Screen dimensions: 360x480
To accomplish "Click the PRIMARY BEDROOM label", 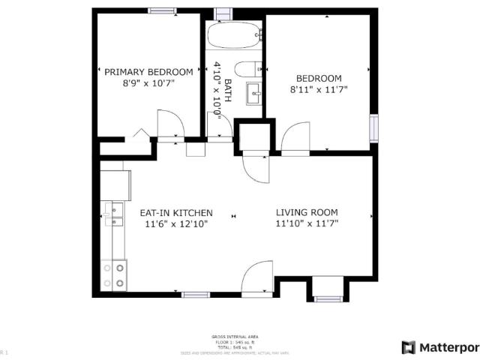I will click(x=143, y=72).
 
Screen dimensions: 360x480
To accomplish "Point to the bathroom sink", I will click(x=254, y=95).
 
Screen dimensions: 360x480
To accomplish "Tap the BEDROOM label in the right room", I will click(x=319, y=78).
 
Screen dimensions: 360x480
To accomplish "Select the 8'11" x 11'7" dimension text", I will click(x=319, y=88).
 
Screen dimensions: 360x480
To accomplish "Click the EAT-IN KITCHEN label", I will click(x=176, y=212).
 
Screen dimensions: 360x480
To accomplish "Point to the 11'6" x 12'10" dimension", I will click(x=176, y=223).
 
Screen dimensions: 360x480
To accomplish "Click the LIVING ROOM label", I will click(x=307, y=212).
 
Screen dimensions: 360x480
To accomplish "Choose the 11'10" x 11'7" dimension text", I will click(x=307, y=223).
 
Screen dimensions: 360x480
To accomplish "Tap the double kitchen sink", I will click(x=116, y=214).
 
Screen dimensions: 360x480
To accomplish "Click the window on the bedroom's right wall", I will click(x=373, y=128).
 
